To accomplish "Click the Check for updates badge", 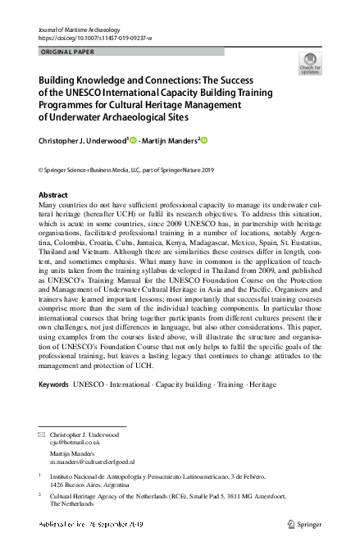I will pyautogui.click(x=310, y=64).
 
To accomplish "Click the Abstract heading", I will pyautogui.click(x=54, y=195).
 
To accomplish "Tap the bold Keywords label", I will pyautogui.click(x=54, y=384).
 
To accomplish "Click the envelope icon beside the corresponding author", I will pyautogui.click(x=43, y=433).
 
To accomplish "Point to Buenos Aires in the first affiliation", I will pyautogui.click(x=83, y=484).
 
